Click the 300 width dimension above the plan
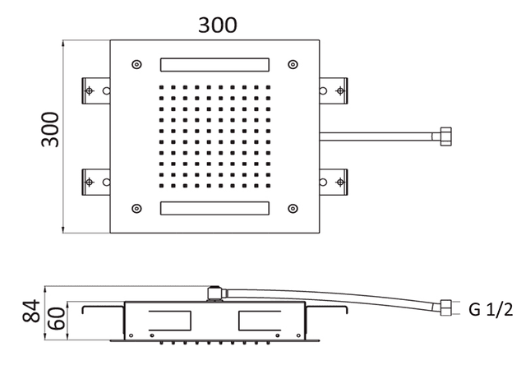(x=218, y=25)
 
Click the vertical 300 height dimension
(x=52, y=131)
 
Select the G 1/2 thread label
(x=491, y=309)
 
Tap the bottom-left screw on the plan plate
(x=136, y=206)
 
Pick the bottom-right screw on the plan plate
(x=293, y=206)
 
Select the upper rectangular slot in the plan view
(x=215, y=64)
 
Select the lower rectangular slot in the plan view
(x=215, y=208)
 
